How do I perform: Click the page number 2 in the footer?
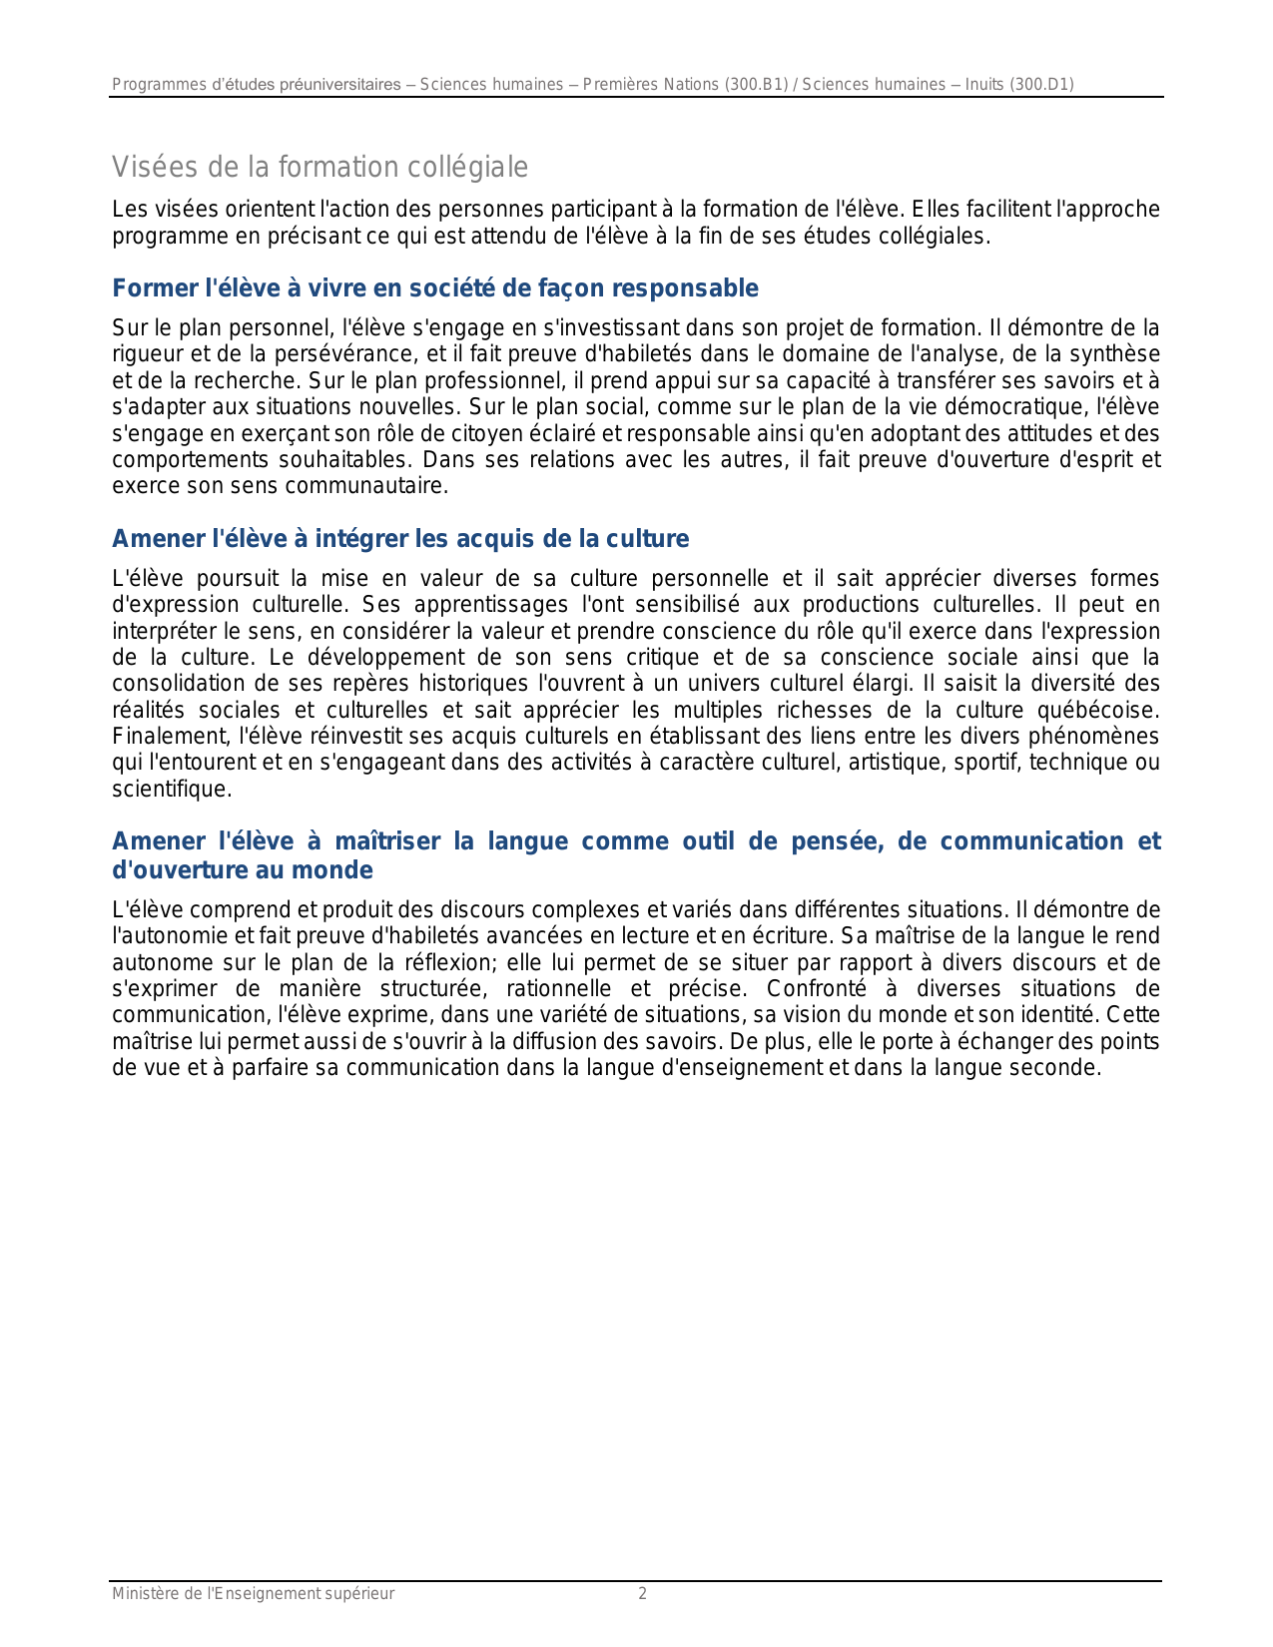[x=642, y=1594]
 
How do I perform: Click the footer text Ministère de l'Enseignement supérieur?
[x=253, y=1594]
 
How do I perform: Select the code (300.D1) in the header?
[x=1042, y=85]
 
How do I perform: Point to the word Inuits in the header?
[x=984, y=85]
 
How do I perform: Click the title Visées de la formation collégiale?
[x=319, y=167]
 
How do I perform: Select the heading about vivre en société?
[x=435, y=288]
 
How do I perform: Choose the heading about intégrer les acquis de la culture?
[x=400, y=539]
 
